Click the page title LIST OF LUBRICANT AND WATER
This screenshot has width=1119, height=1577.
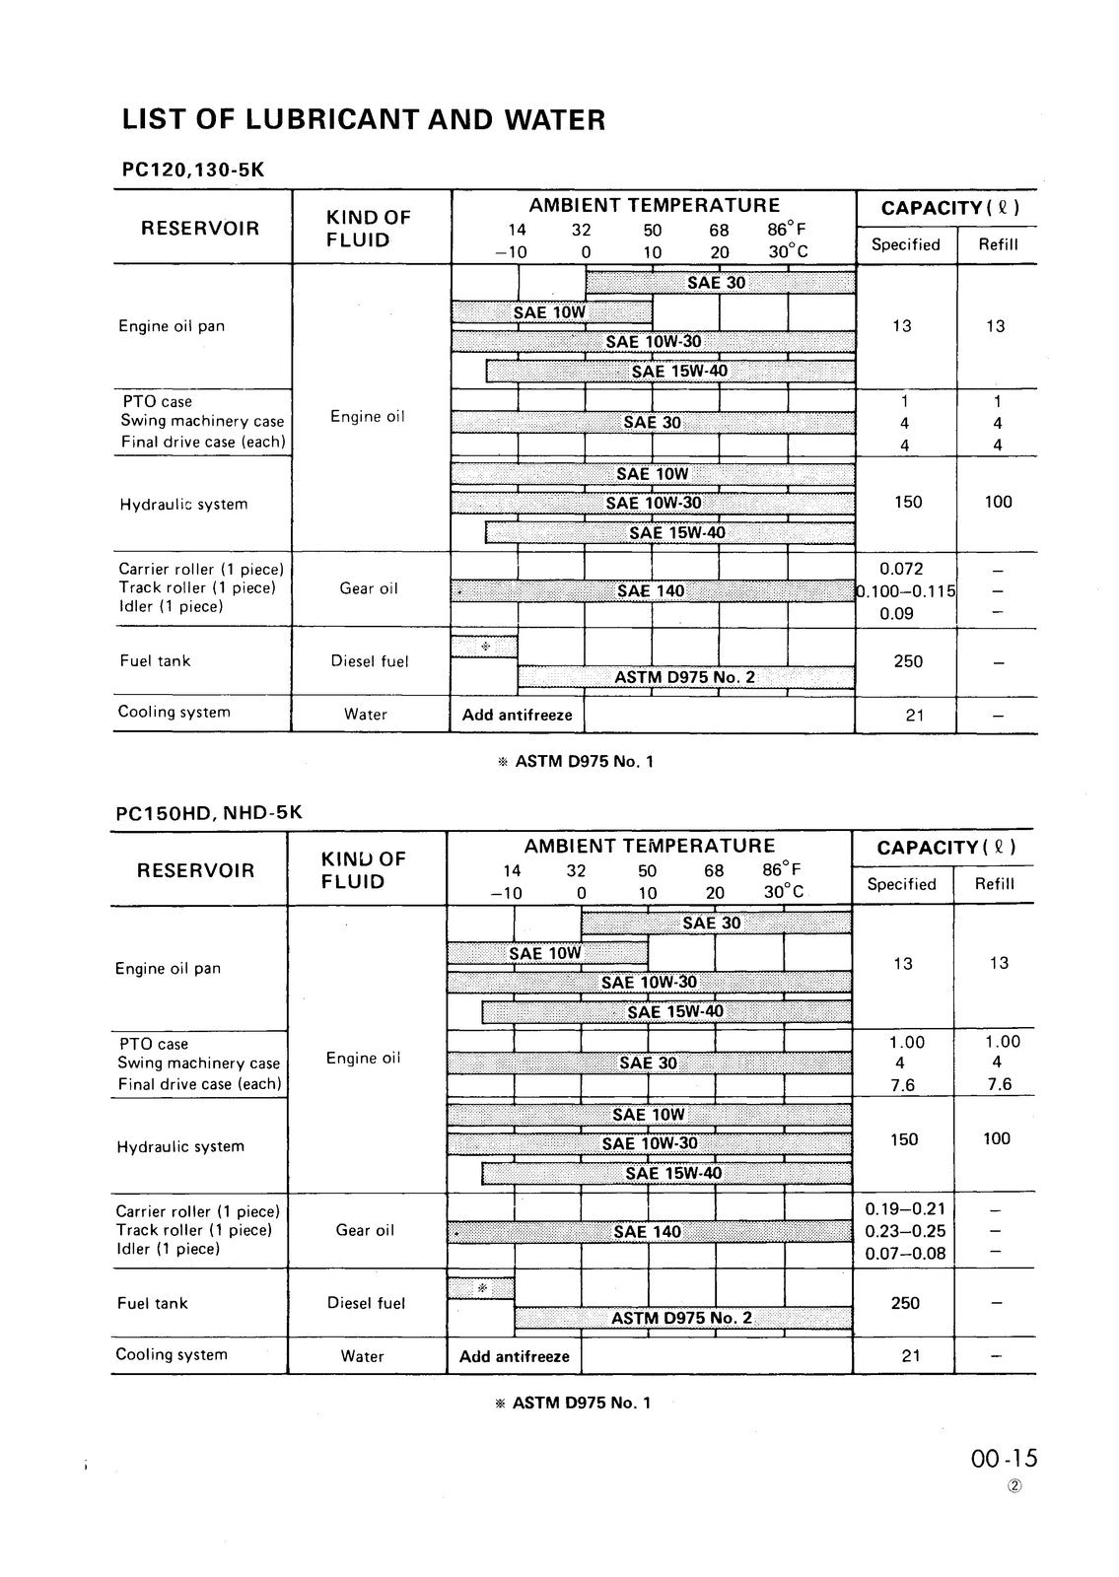tap(363, 120)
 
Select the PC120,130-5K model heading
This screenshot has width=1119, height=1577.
tap(193, 170)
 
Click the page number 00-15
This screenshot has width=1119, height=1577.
tap(1005, 1460)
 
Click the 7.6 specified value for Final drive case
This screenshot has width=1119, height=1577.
tap(903, 1084)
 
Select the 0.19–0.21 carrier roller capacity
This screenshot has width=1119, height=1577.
tap(904, 1209)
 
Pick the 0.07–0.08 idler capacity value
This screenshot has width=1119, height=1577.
tap(904, 1253)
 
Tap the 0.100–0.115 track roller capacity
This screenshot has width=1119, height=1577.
tap(907, 591)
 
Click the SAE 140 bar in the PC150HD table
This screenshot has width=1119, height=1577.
tap(648, 1231)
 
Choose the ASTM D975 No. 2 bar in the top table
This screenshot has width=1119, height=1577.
tap(684, 677)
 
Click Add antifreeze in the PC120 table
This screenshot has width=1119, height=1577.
tap(517, 715)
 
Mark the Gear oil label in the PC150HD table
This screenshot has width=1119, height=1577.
tap(365, 1230)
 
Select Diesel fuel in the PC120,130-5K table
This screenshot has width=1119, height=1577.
tap(369, 661)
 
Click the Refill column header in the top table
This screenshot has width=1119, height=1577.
tap(998, 244)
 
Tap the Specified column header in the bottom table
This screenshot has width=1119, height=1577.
tap(901, 884)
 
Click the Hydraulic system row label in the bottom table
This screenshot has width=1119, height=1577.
tap(180, 1146)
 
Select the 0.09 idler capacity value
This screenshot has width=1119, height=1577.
tap(896, 613)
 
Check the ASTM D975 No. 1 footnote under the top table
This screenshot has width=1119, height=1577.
tap(577, 761)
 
